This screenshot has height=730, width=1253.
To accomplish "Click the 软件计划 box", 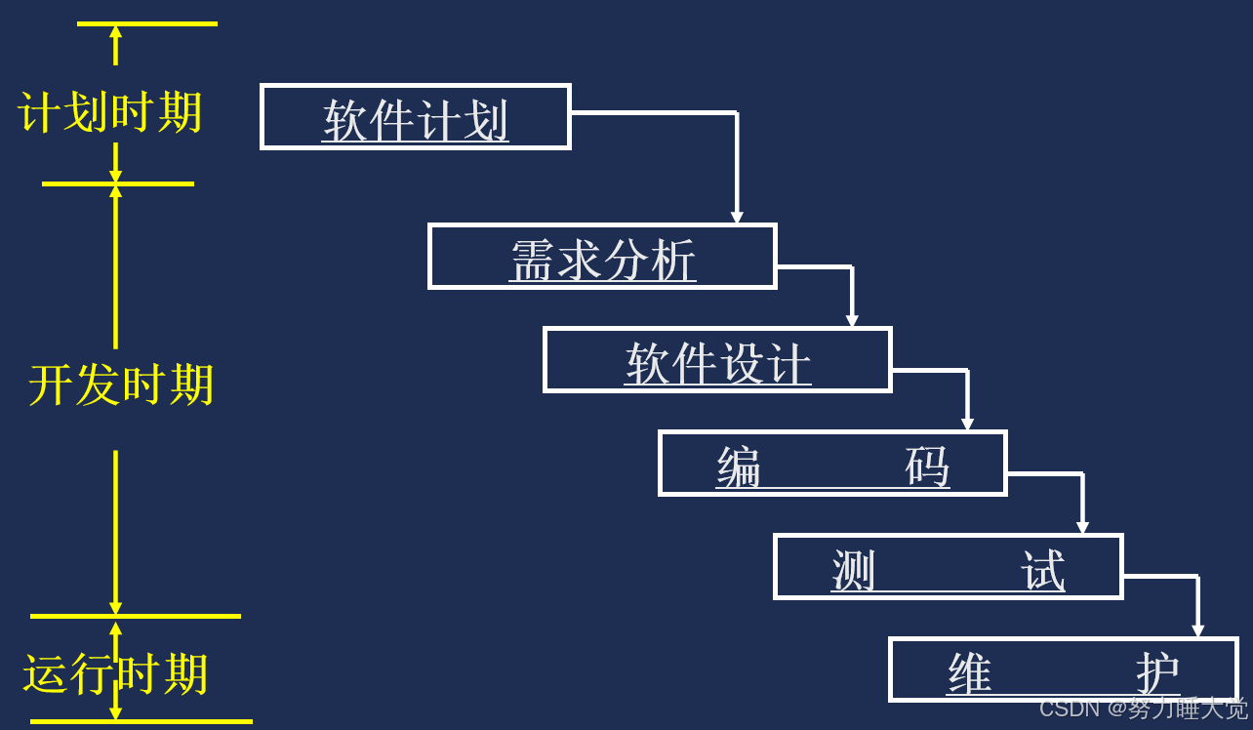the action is [415, 117].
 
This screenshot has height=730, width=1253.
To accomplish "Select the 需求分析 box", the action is [602, 257].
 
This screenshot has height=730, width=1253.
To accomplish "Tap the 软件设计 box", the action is [717, 360].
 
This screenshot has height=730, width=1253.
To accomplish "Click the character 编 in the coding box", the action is [739, 466].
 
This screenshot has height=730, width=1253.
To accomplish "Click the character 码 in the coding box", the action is [927, 466].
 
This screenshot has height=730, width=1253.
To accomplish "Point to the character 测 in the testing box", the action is [854, 570].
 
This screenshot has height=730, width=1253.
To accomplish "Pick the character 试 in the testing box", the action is [1042, 570].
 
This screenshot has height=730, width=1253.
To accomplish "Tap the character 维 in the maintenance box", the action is [969, 672].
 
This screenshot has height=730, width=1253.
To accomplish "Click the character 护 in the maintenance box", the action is [1157, 672].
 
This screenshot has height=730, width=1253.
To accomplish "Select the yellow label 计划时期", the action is [110, 113].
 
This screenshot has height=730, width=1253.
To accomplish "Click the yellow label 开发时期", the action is [121, 385].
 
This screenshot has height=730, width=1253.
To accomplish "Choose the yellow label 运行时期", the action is [116, 674].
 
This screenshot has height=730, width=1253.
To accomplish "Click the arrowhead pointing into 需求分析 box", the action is [737, 218].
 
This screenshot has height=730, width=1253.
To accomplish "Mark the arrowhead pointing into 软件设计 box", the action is [852, 321].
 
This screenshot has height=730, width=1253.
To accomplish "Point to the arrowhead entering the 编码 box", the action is [967, 425].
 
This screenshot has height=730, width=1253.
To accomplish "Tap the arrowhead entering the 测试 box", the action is [1082, 528].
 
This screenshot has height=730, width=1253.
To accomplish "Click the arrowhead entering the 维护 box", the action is [1197, 631].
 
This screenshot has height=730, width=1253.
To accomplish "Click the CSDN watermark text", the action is [1143, 709].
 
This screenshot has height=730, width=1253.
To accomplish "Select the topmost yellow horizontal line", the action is [146, 23].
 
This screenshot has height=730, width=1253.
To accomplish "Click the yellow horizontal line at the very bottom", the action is [141, 722].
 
